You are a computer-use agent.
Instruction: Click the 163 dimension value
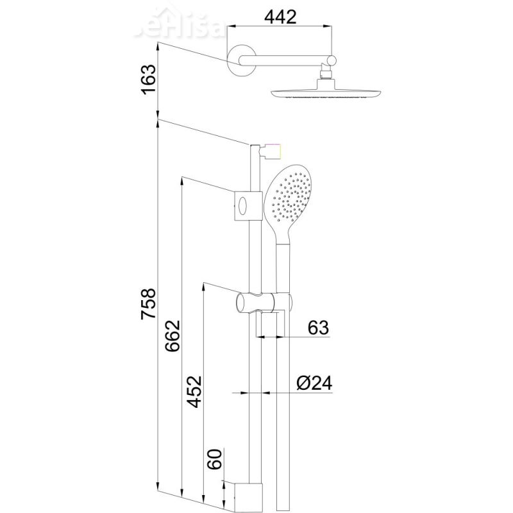148,79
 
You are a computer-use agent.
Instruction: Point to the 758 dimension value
148,305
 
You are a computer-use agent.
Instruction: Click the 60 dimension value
215,459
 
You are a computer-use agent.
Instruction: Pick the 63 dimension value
317,328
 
